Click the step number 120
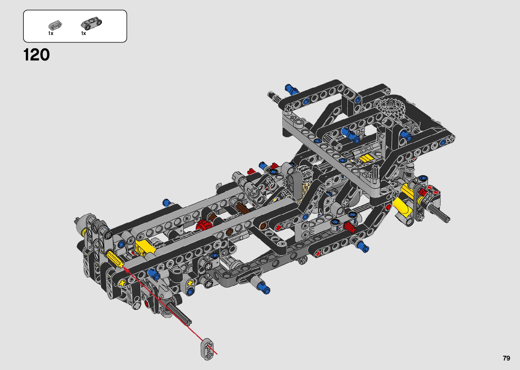tap(36, 55)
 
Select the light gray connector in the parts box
tap(55, 25)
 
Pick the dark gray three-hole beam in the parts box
tap(91, 24)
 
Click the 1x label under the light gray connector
tap(51, 33)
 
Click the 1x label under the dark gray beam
tap(84, 33)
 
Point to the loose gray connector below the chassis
tap(207, 349)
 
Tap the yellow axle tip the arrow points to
tap(121, 264)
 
